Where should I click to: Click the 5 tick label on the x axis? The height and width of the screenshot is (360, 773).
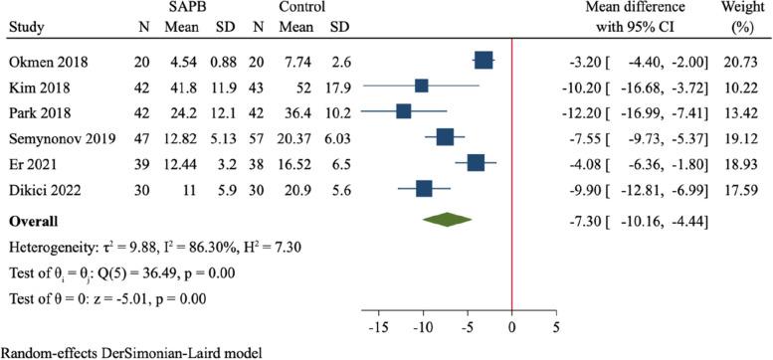tap(555, 325)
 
